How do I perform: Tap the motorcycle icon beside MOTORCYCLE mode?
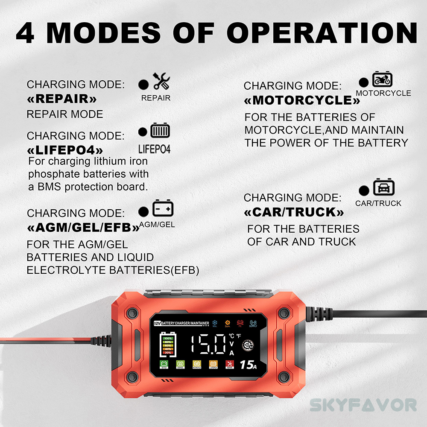(382, 79)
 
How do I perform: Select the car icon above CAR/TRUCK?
(384, 188)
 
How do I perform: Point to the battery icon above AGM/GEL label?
(163, 208)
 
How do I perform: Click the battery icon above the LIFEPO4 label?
(160, 130)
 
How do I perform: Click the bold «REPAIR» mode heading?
(62, 99)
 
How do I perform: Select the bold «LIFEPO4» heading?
(65, 150)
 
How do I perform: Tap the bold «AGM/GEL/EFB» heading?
(83, 228)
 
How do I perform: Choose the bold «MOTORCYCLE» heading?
(302, 100)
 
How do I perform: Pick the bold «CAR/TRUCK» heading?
(294, 212)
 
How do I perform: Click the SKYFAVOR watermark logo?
(363, 404)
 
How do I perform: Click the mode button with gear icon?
(247, 347)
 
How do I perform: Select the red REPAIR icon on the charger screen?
(229, 364)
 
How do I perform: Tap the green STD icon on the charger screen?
(164, 364)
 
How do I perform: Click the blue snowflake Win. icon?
(215, 323)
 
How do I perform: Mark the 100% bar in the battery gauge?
(168, 338)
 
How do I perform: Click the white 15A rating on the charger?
(248, 365)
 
